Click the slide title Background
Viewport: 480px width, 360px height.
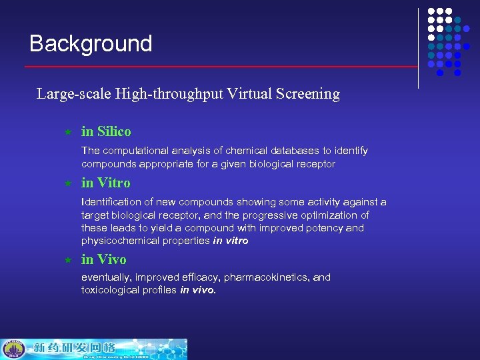[91, 44]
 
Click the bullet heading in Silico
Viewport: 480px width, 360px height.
[106, 132]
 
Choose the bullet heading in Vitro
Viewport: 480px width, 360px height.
[105, 183]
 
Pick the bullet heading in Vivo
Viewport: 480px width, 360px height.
[103, 259]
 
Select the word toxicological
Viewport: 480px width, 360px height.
[109, 290]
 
